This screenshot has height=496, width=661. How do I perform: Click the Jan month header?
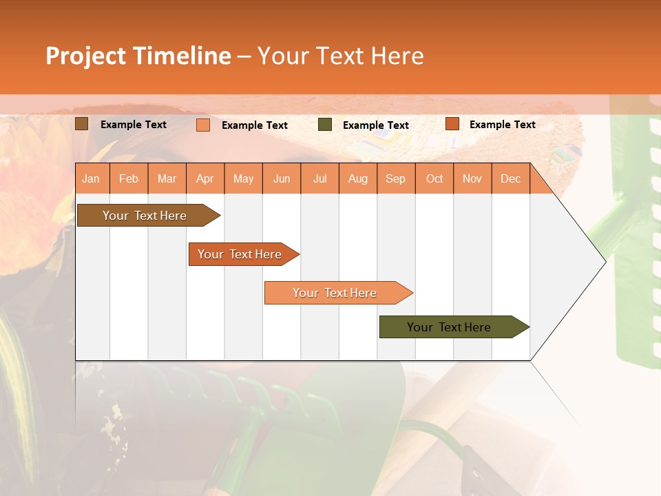(92, 178)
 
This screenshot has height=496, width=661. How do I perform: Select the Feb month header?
(129, 178)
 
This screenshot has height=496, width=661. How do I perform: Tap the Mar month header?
(167, 178)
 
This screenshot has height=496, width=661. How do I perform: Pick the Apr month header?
(205, 178)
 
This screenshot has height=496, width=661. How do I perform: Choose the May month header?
(243, 178)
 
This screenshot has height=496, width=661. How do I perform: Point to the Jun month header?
(282, 178)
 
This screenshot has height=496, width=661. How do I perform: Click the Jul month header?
(319, 178)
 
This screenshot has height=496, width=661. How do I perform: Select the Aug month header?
(358, 178)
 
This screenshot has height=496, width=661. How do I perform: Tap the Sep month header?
(396, 178)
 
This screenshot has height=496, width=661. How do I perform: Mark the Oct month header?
(434, 178)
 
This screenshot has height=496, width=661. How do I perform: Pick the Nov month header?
(472, 178)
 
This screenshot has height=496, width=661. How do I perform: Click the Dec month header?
(511, 178)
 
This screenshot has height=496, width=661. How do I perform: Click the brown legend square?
(82, 124)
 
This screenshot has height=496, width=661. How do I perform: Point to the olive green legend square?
(325, 125)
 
